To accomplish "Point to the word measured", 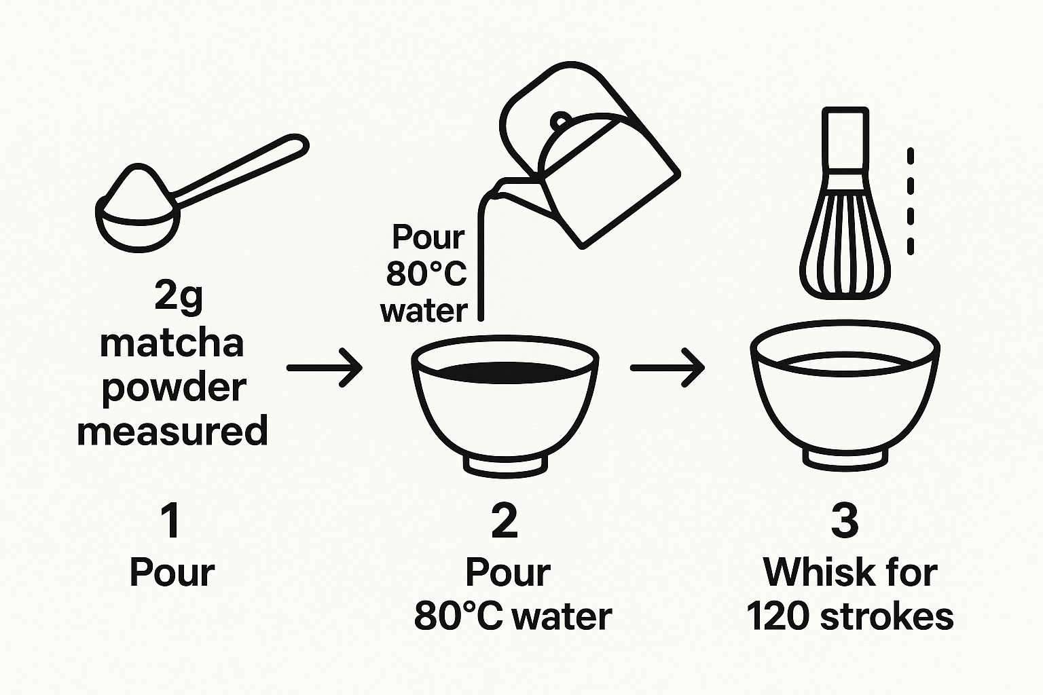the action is pyautogui.click(x=172, y=430).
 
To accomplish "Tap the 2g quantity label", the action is pyautogui.click(x=178, y=299).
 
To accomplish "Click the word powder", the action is pyautogui.click(x=173, y=390).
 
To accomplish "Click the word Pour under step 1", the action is pyautogui.click(x=172, y=572).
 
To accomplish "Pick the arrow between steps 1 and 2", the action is pyautogui.click(x=325, y=368).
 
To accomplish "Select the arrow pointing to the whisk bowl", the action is pyautogui.click(x=667, y=367).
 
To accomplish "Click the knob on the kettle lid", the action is pyautogui.click(x=560, y=121).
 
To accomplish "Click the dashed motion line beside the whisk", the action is pyautogui.click(x=911, y=202).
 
